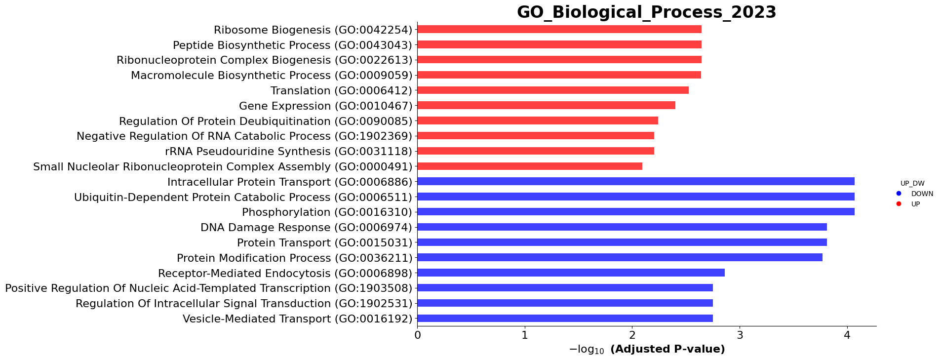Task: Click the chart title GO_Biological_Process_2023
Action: point(646,12)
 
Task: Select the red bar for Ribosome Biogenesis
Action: point(559,30)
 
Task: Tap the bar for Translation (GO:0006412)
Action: point(552,90)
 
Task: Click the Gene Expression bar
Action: point(546,106)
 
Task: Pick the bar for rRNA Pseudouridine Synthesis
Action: point(535,151)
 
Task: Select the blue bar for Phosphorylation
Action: point(635,212)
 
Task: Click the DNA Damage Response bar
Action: point(622,227)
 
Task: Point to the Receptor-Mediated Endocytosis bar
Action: point(571,273)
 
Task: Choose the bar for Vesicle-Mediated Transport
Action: point(565,319)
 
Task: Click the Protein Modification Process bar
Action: point(620,257)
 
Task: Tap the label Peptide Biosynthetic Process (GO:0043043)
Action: point(292,45)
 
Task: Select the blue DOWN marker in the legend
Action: point(899,194)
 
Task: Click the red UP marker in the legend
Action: point(899,204)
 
